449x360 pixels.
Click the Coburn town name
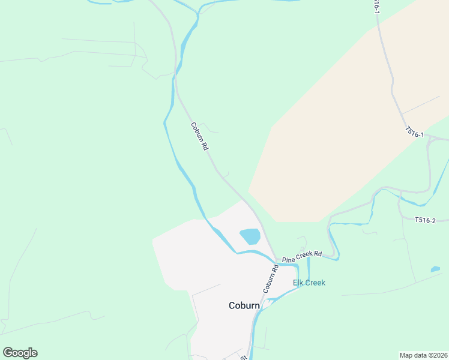click(x=244, y=305)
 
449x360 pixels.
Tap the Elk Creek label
click(x=309, y=283)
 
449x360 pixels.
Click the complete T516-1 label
click(x=414, y=132)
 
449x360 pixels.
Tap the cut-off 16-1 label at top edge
click(x=376, y=6)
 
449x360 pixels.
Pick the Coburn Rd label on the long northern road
click(x=199, y=137)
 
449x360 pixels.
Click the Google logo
click(x=20, y=353)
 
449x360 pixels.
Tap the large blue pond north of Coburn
click(x=250, y=236)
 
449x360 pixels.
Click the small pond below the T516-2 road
click(x=435, y=269)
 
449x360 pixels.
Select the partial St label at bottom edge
click(x=244, y=357)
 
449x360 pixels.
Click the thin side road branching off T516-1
click(x=420, y=105)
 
